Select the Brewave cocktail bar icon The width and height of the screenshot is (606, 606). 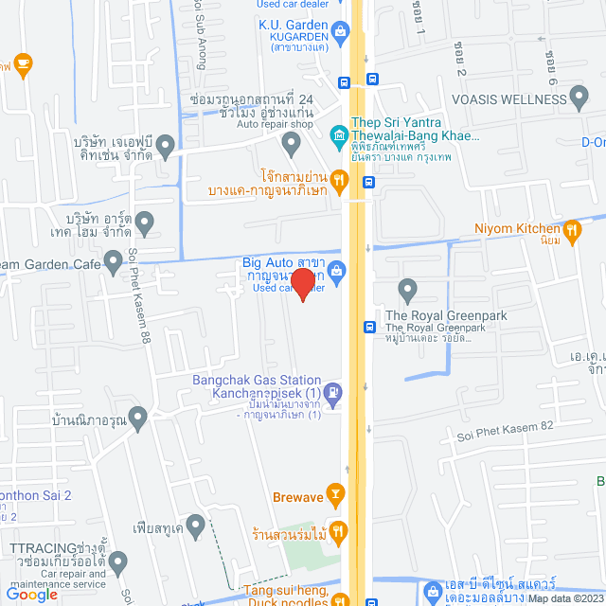pyautogui.click(x=334, y=493)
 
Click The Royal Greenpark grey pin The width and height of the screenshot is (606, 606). pyautogui.click(x=408, y=289)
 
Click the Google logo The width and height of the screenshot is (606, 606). pyautogui.click(x=32, y=594)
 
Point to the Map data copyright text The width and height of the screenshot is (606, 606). pyautogui.click(x=564, y=598)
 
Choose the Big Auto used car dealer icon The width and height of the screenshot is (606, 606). pyautogui.click(x=338, y=272)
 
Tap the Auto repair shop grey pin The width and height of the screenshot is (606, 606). pyautogui.click(x=291, y=144)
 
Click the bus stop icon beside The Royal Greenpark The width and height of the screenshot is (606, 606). pyautogui.click(x=370, y=327)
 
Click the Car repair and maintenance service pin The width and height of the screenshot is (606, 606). pyautogui.click(x=118, y=563)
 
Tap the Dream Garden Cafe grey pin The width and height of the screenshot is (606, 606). pyautogui.click(x=114, y=258)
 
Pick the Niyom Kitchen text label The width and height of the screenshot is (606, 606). pyautogui.click(x=517, y=228)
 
